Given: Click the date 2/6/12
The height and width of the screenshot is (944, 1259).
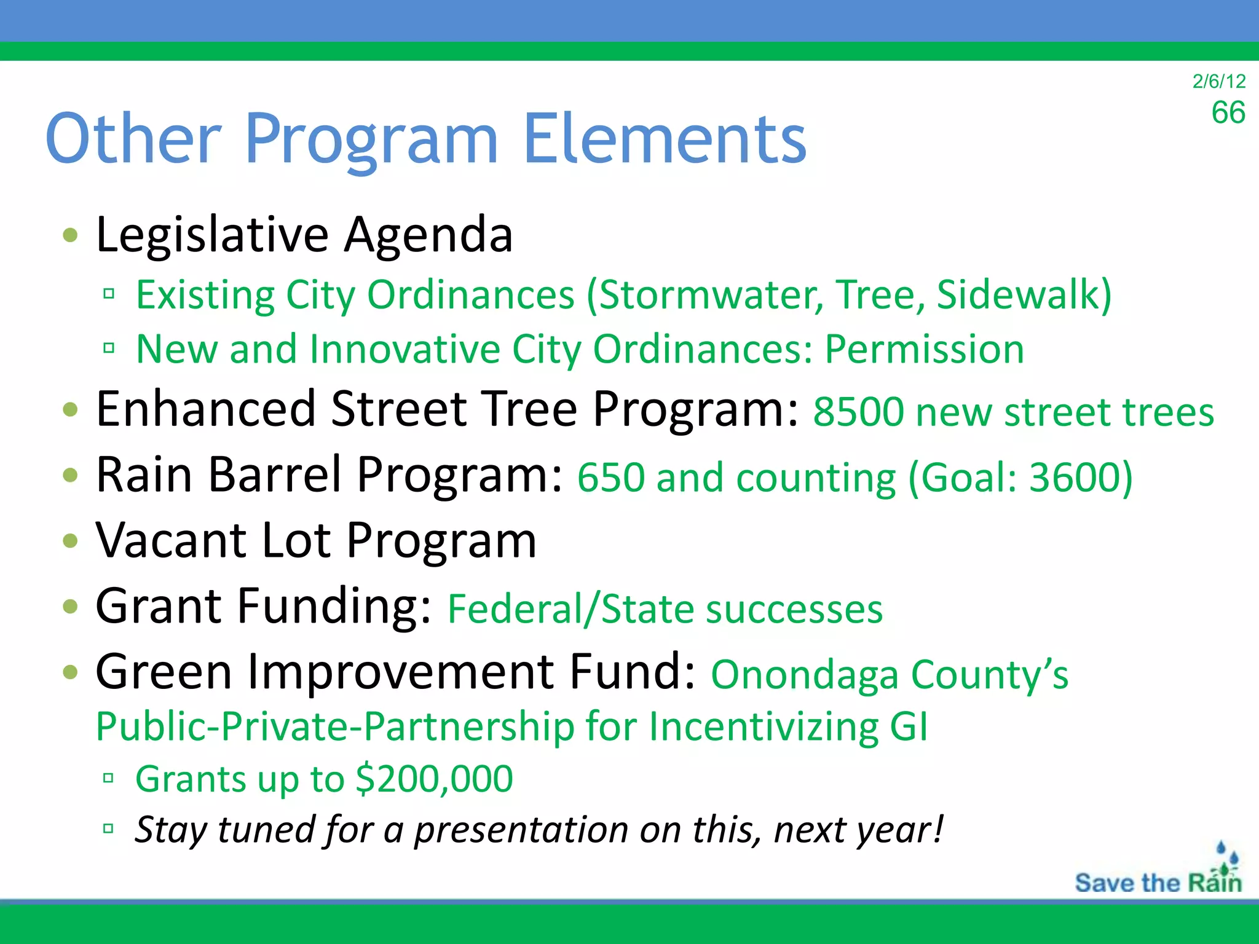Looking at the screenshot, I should point(1218,81).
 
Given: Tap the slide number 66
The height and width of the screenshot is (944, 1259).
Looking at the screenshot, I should point(1228,113).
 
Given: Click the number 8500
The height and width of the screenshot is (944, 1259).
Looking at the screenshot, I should point(858,412).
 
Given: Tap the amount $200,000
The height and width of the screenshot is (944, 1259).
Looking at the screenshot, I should point(434,779).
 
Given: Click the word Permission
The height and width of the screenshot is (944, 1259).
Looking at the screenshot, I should point(924,349).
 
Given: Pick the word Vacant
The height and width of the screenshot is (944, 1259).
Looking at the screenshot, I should point(171,540).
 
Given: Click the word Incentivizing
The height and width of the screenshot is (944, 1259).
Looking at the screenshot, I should point(763,726).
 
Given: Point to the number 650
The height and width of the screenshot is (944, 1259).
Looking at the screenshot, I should point(610,478).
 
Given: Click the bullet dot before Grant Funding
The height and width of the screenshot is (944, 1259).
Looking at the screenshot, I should point(71,607).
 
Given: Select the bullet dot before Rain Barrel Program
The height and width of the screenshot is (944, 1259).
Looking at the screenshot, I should point(71,475).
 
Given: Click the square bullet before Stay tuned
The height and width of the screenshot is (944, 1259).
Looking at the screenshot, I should point(109,828).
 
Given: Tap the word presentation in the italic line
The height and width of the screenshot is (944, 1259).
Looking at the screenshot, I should point(521,830).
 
